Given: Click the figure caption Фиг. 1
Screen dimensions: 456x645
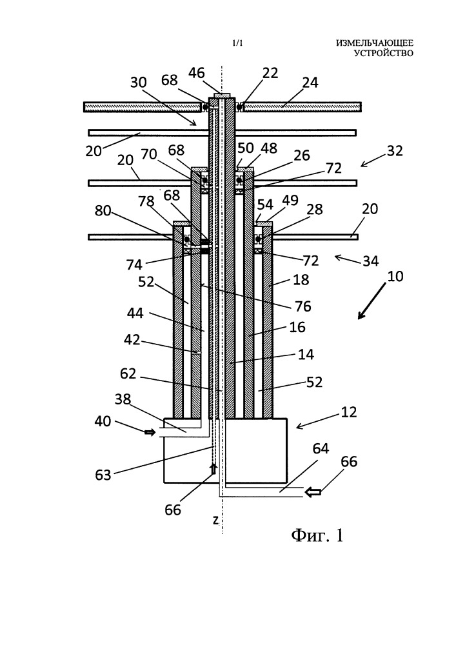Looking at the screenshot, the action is click(317, 535).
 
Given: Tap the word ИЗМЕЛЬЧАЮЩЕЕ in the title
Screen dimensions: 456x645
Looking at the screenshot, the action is click(375, 43).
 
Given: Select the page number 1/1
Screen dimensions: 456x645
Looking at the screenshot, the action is click(237, 43).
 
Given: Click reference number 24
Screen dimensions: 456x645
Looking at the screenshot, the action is click(310, 83).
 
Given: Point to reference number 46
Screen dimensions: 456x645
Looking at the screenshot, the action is click(197, 73).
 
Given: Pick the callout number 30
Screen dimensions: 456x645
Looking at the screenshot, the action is click(139, 83).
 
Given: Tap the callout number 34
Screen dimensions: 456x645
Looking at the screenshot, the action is click(370, 261).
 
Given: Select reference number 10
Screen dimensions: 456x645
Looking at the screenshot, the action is click(395, 276).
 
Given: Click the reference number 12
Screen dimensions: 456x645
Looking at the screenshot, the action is click(349, 412).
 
